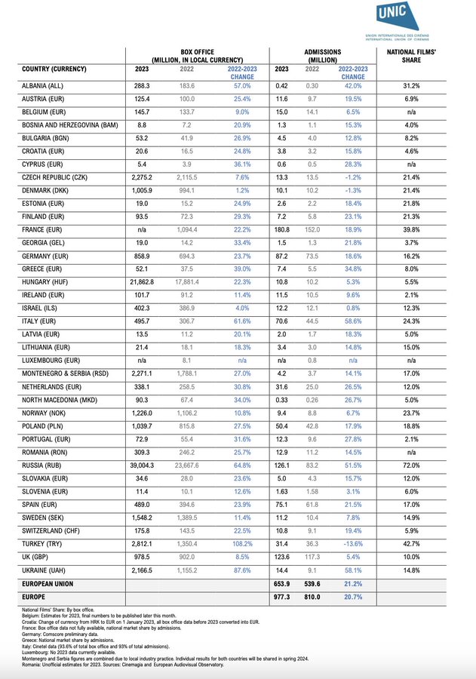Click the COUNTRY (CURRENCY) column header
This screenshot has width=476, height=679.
(55, 69)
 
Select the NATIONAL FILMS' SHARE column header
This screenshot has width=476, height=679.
(411, 56)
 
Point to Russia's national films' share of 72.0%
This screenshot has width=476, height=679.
(411, 465)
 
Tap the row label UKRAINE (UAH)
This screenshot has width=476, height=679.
(47, 571)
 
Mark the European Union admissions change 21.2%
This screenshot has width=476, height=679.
(352, 584)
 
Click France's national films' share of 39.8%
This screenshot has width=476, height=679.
(411, 230)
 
